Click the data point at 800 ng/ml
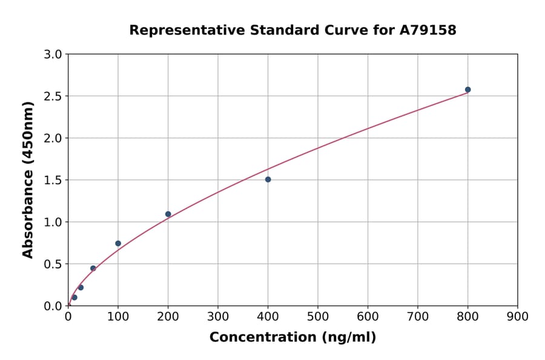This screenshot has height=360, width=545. pyautogui.click(x=467, y=90)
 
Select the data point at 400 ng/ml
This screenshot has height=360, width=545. pyautogui.click(x=268, y=179)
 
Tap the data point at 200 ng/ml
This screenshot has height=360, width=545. pyautogui.click(x=168, y=214)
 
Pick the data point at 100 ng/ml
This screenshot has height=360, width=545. pyautogui.click(x=118, y=244)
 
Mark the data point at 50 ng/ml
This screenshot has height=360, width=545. pyautogui.click(x=93, y=268)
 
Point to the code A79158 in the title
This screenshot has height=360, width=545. pyautogui.click(x=429, y=30)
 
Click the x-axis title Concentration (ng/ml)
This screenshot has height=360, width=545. pyautogui.click(x=292, y=338)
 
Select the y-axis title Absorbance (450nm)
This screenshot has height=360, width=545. pyautogui.click(x=28, y=179)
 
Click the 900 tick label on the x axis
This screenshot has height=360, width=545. pyautogui.click(x=518, y=316)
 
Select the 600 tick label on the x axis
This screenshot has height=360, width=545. pyautogui.click(x=368, y=316)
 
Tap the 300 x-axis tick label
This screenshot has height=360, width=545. pyautogui.click(x=218, y=316)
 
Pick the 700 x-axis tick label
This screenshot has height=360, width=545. pyautogui.click(x=418, y=316)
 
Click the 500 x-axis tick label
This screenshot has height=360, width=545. pyautogui.click(x=318, y=316)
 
